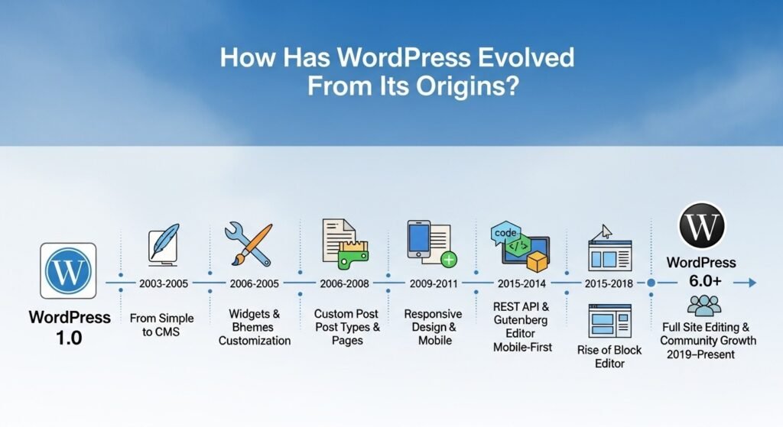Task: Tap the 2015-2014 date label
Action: pos(522,283)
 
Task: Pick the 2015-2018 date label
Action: pos(608,283)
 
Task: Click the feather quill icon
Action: pos(162,244)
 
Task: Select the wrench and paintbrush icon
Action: pos(249,242)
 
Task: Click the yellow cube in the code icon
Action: pos(538,261)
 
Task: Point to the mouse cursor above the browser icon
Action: pos(607,230)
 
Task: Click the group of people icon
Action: pos(703,306)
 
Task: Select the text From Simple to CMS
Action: pos(161,325)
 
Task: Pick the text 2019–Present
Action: pos(701,354)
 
